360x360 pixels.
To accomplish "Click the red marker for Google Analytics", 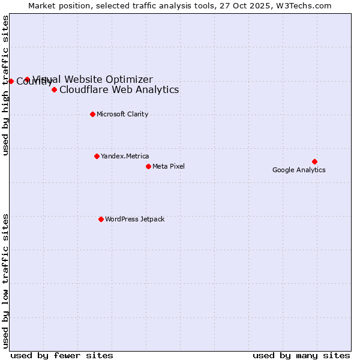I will pos(314,161).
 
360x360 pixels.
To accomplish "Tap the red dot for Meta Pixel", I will pos(148,166).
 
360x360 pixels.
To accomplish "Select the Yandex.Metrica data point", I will pos(97,156).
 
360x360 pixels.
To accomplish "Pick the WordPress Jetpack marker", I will pos(101,219).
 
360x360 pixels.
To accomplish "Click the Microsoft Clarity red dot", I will pos(92,114).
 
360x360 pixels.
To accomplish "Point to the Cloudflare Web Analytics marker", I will pos(54,89).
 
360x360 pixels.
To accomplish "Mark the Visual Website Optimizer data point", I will pos(27,79).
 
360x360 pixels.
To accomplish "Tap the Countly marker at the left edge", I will pos(11,81).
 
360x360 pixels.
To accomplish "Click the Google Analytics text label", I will pos(299,170).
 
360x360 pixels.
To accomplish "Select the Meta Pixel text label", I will pos(169,166).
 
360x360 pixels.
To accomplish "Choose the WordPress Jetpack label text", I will pos(134,219).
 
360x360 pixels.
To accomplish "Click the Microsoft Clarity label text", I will pos(122,114).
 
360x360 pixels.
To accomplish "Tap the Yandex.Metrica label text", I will pos(125,156).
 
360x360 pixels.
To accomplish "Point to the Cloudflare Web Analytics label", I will pos(119,90).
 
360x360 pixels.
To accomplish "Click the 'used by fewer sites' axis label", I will pos(62,355).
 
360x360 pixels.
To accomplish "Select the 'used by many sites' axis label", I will pos(301,355).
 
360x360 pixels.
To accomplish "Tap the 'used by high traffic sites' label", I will pos(5,85).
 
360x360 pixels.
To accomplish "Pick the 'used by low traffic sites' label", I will pos(5,280).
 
